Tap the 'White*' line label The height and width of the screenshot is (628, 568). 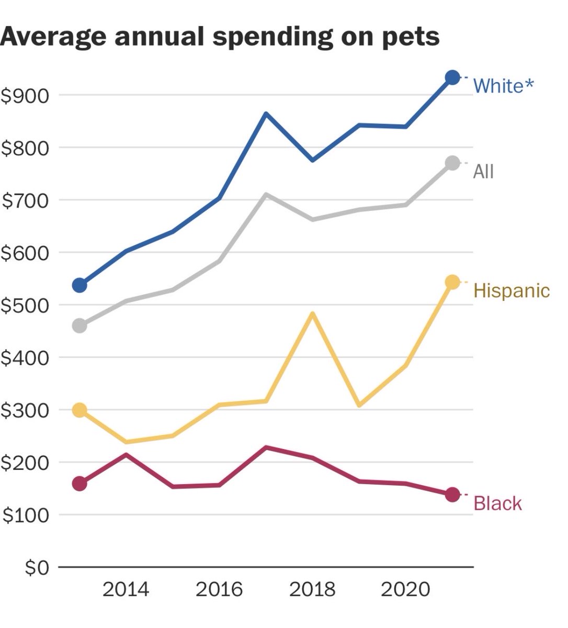(x=504, y=85)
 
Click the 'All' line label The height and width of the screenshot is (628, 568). (x=483, y=171)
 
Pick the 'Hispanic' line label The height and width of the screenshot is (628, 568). (x=511, y=290)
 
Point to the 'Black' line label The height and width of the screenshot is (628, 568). (x=497, y=503)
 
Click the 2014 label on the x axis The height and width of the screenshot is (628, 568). (x=126, y=590)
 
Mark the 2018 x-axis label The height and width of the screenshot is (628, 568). (x=312, y=590)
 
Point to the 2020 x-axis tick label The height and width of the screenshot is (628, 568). (x=405, y=590)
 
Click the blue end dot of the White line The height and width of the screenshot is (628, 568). (x=452, y=77)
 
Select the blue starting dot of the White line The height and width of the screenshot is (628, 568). (x=79, y=285)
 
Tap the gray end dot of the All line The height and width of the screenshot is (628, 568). (x=452, y=163)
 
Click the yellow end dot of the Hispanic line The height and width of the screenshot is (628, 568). (x=452, y=282)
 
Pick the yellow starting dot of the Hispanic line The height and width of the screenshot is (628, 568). (x=79, y=410)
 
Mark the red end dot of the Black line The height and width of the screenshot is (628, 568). (x=452, y=495)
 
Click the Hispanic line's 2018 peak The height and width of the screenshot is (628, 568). (x=312, y=314)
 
